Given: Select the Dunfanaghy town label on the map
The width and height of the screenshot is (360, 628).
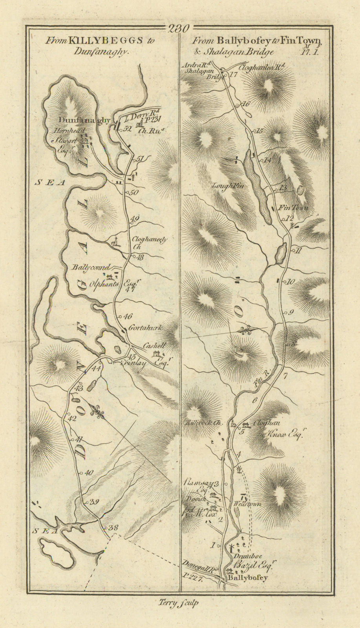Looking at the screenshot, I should click(x=84, y=120).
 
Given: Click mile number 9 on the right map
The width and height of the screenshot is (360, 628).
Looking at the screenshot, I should click(x=291, y=313).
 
